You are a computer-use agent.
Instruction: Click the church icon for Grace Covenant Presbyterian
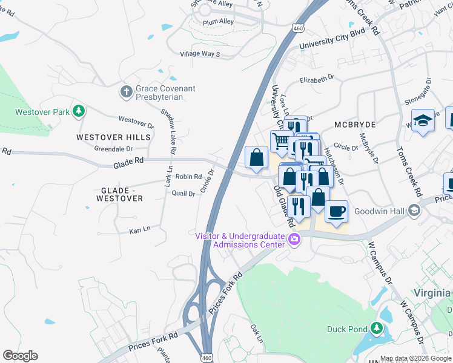coord(127,92)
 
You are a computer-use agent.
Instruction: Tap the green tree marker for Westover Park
coord(78,111)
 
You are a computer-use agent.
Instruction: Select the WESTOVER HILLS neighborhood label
coord(113,137)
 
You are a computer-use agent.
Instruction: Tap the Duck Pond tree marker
coord(377,329)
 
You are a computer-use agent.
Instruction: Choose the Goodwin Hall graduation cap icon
coord(414,211)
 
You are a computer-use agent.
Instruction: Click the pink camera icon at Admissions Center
coord(294,240)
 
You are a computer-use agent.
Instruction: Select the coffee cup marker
coord(336,211)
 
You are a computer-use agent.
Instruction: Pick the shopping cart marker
coord(282,141)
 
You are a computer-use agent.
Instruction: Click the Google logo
coord(20,356)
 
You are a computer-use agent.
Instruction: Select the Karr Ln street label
coord(139,230)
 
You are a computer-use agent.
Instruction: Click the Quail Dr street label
coord(183,194)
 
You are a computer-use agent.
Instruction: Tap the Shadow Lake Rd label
coord(168,130)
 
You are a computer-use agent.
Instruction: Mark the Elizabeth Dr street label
coord(317,78)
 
